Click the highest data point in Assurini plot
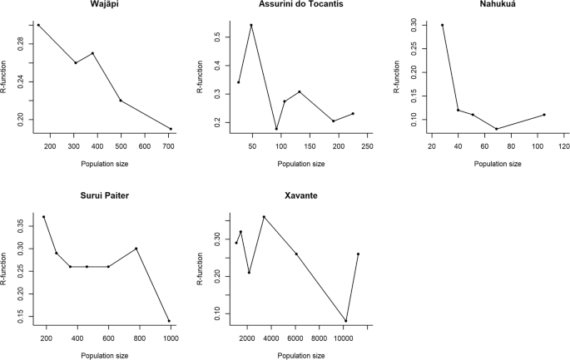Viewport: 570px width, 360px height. [250, 25]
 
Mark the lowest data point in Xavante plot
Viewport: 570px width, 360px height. [345, 321]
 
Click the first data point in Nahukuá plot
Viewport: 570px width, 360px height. [442, 25]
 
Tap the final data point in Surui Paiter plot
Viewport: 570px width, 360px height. [169, 321]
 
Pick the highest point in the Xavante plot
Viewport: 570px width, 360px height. [264, 217]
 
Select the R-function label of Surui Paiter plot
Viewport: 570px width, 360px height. [7, 268]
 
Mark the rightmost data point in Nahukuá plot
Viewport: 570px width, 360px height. [543, 115]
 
